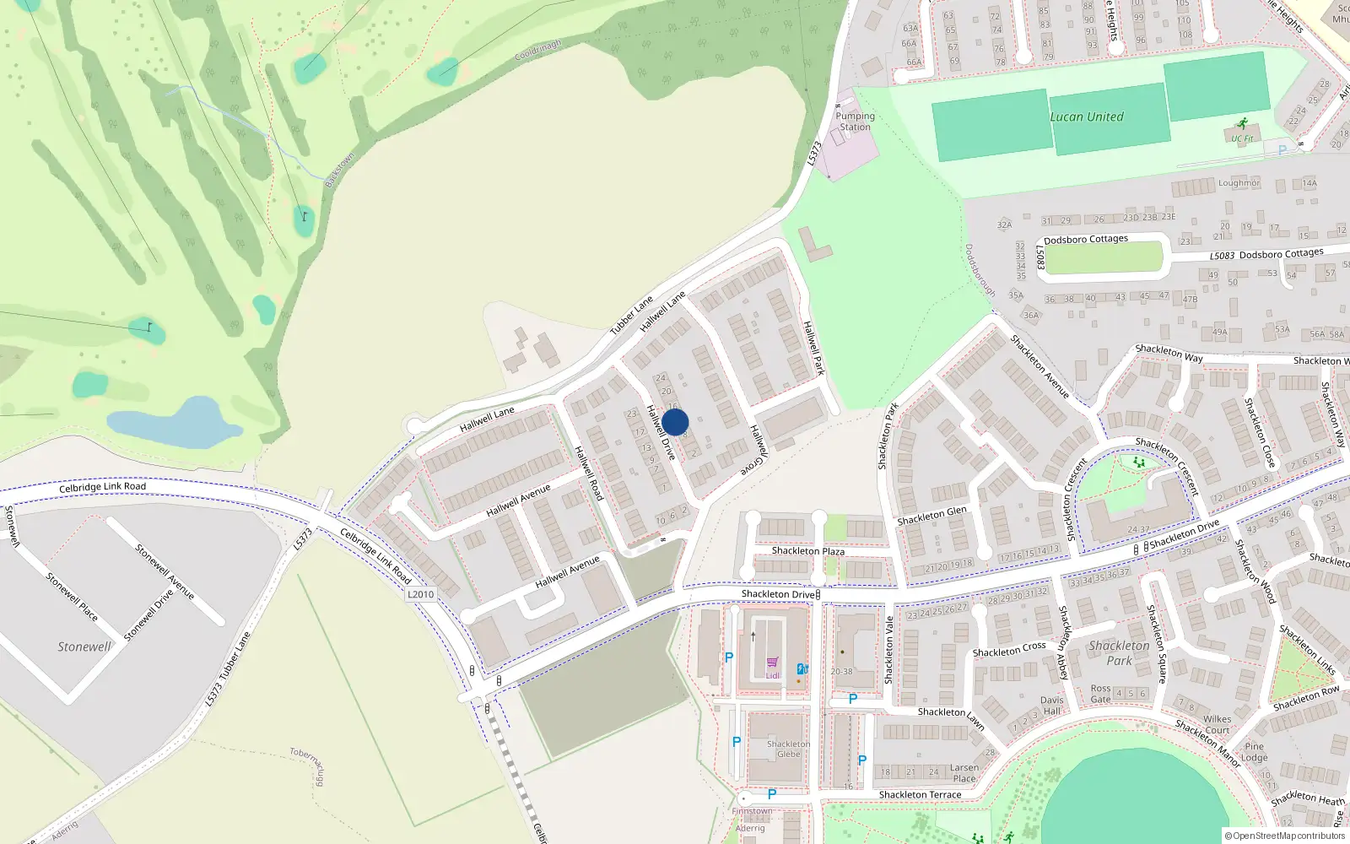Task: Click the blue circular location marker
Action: (x=675, y=422)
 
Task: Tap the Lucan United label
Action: (x=1087, y=117)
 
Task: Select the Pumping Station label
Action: (x=855, y=122)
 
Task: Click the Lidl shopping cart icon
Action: (x=772, y=663)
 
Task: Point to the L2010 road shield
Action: (x=420, y=594)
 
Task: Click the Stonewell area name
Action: (x=84, y=647)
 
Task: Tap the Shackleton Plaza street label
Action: (x=807, y=551)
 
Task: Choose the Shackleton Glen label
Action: (x=931, y=516)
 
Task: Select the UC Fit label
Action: (x=1241, y=138)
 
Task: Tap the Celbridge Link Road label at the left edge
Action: (x=102, y=487)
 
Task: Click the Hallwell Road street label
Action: (x=588, y=473)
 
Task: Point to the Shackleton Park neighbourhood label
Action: (x=1119, y=653)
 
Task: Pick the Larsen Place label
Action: (x=964, y=773)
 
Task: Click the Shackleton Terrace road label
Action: (x=920, y=795)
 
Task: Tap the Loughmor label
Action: (x=1239, y=183)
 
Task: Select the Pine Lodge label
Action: (x=1255, y=752)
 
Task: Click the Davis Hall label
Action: (x=1051, y=706)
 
